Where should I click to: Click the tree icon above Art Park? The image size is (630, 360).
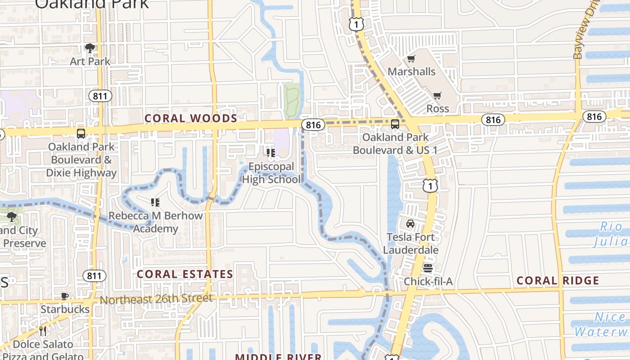click(90, 48)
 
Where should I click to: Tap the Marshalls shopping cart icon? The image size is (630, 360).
click(411, 59)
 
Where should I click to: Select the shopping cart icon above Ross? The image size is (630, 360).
click(437, 95)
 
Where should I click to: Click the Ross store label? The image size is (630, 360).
click(437, 108)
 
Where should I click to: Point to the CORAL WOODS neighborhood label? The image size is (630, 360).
click(191, 118)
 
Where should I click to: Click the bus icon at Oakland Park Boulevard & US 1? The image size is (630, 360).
click(395, 124)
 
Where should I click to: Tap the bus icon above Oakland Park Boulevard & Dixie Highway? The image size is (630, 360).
click(81, 134)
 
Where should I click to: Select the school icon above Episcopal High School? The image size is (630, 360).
click(270, 153)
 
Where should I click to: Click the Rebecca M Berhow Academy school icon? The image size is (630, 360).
click(155, 202)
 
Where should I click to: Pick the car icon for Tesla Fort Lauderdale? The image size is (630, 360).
click(410, 224)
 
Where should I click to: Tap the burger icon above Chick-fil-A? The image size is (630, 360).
click(427, 269)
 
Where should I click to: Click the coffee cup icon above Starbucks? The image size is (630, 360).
click(65, 296)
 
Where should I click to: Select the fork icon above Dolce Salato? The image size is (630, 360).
click(43, 331)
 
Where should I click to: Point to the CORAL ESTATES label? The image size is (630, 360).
click(185, 274)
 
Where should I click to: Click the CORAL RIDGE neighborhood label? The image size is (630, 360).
click(558, 281)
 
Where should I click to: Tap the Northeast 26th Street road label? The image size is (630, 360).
click(156, 299)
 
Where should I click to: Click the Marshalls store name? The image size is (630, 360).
click(411, 72)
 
